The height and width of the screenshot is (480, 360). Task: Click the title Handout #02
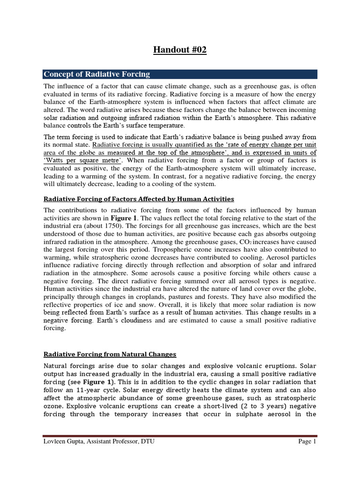180,50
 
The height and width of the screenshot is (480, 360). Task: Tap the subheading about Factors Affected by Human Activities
138,199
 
